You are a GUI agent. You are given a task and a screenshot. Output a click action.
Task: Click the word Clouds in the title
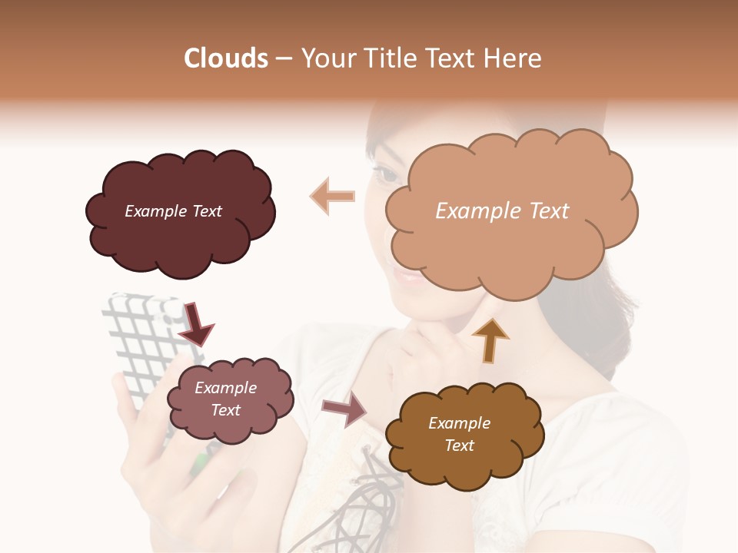(x=225, y=58)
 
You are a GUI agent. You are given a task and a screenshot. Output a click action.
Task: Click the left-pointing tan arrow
(x=332, y=196)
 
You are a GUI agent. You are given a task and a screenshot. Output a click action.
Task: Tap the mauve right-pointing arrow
(x=344, y=409)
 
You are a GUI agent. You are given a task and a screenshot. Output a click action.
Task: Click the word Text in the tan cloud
(x=544, y=211)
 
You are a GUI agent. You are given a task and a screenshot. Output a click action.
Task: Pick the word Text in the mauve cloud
(x=226, y=410)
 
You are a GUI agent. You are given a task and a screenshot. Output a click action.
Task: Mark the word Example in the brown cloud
(x=459, y=423)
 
